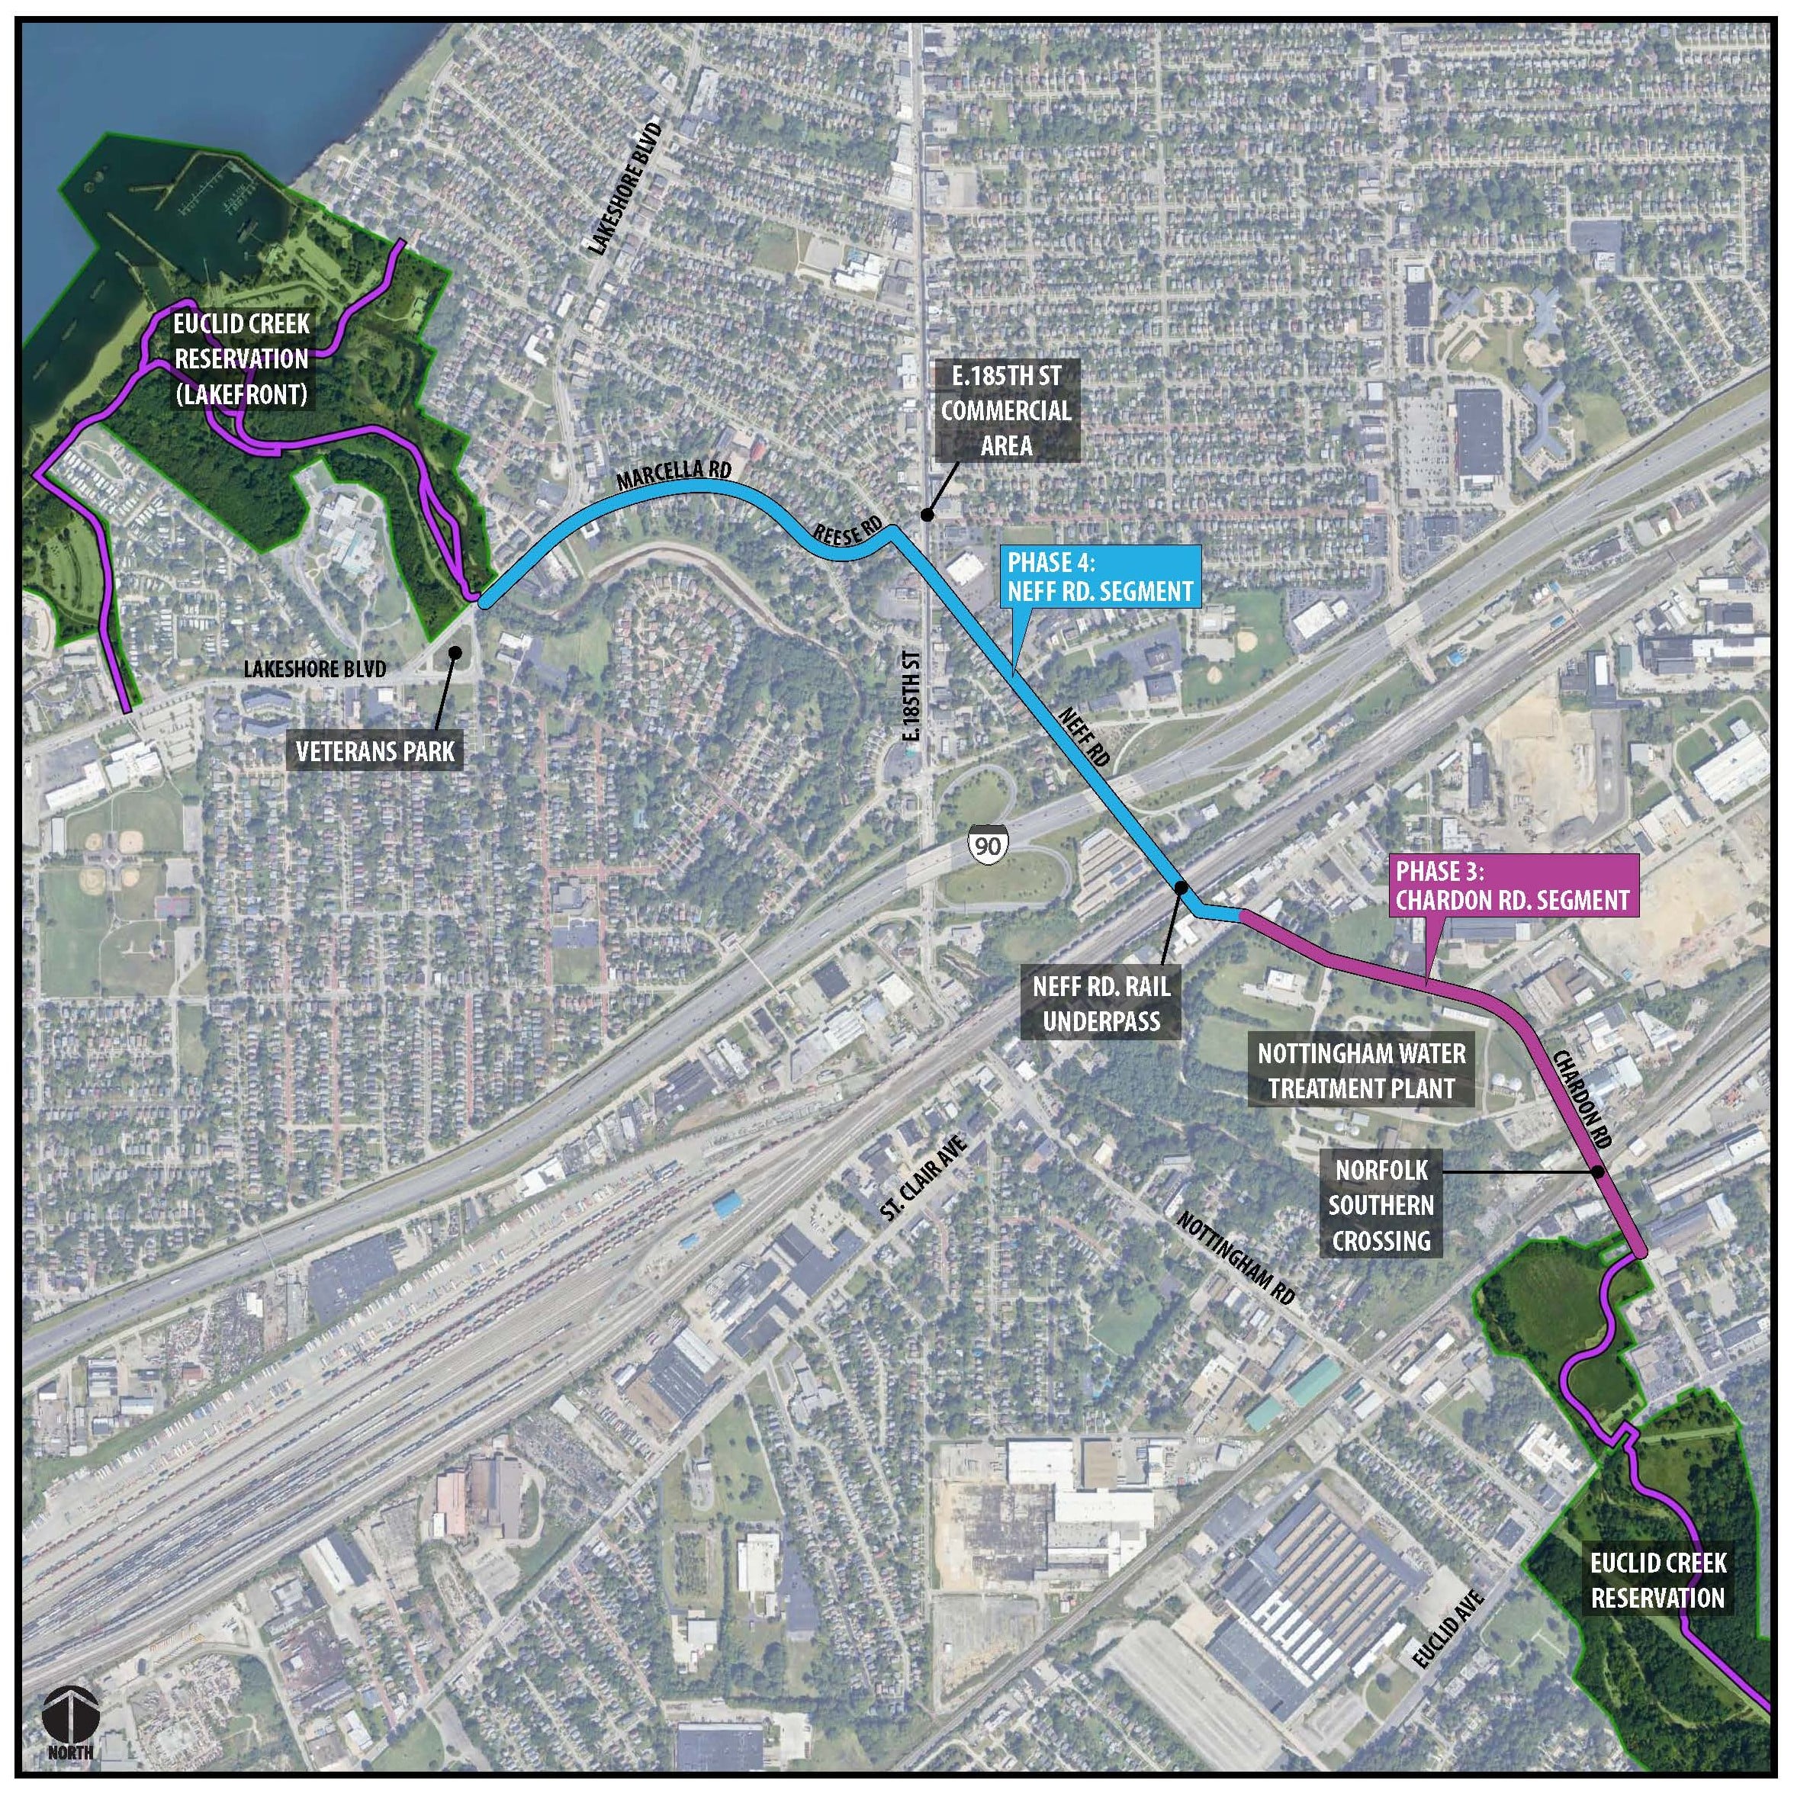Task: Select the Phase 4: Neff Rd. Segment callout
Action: click(1101, 577)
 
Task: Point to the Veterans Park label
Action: click(376, 751)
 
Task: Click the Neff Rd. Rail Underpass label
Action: click(1101, 1004)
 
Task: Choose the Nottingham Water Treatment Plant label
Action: click(1362, 1071)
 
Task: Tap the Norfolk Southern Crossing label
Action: click(1381, 1205)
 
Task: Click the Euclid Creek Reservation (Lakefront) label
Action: click(242, 359)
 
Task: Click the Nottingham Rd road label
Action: click(1235, 1258)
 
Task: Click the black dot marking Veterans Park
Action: click(455, 653)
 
